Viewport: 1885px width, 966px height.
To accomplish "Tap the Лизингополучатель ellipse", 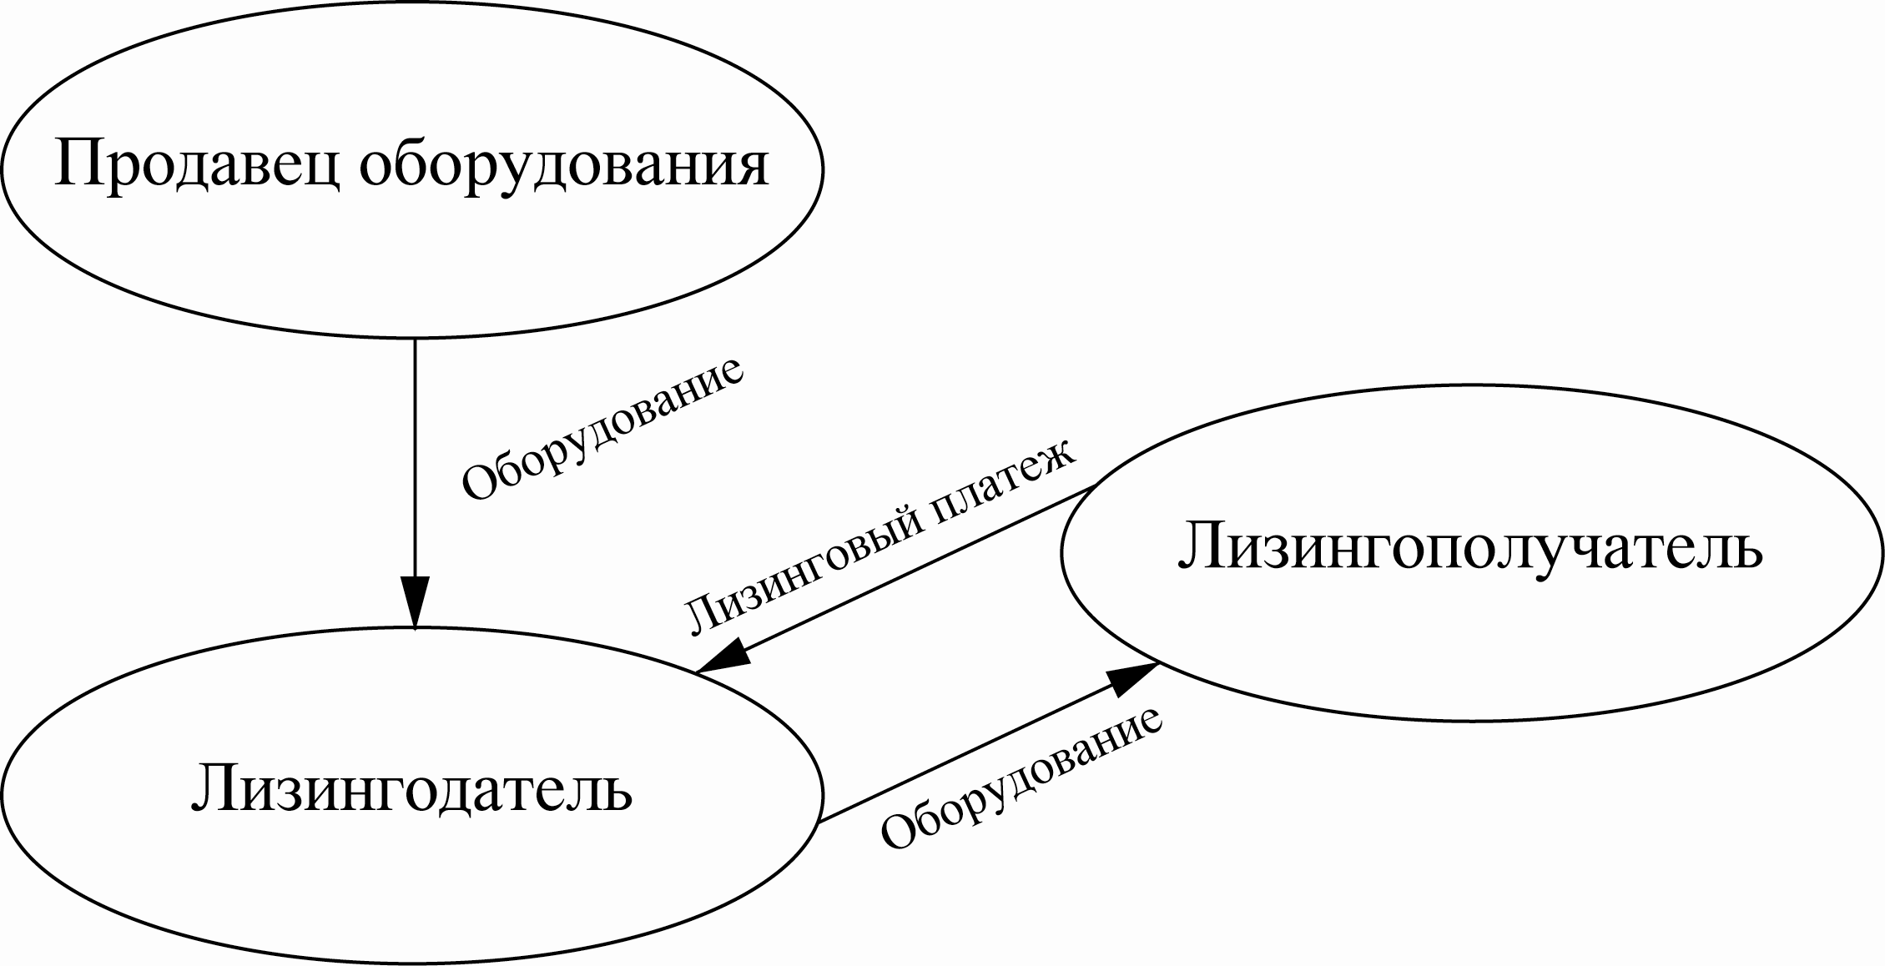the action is [1471, 634].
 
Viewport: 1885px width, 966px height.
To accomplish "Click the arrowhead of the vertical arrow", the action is [415, 601].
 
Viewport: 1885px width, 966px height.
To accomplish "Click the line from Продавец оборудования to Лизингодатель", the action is [415, 459].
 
